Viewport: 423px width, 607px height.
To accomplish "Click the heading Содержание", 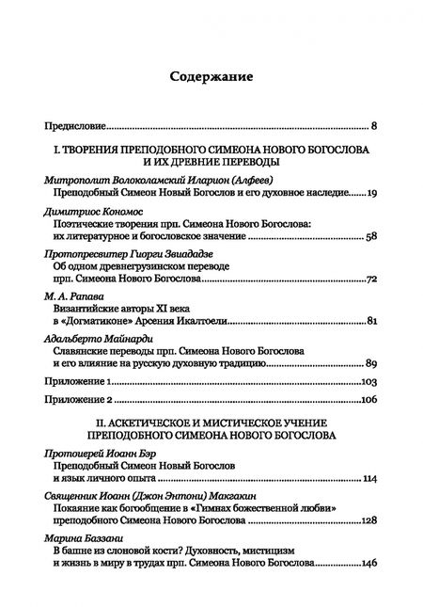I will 211,76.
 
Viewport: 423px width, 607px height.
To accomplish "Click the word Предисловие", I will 75,124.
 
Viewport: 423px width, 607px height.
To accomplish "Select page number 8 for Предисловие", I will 373,124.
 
